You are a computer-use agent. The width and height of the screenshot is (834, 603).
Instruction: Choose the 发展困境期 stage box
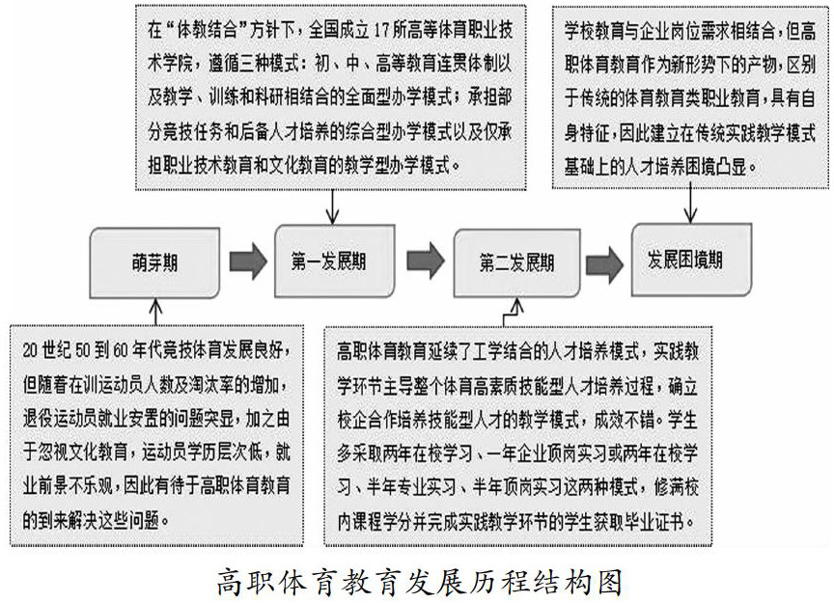coord(687,260)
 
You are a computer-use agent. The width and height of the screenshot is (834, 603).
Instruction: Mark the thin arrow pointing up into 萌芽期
coord(155,307)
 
